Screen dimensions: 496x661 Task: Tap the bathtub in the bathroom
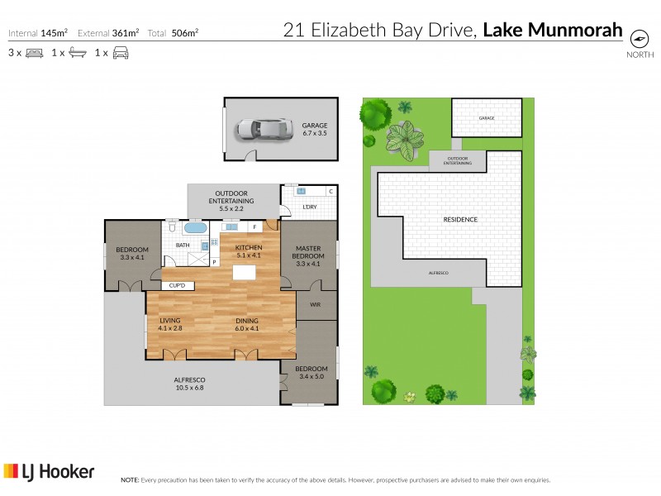196,227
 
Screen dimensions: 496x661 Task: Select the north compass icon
639,39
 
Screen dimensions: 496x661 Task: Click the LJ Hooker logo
49,472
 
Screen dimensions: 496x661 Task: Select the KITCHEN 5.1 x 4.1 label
249,252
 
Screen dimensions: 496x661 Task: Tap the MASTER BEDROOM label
309,252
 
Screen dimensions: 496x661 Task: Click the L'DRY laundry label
310,207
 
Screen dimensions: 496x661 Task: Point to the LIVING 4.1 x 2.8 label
170,325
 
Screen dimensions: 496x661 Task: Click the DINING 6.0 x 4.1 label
247,325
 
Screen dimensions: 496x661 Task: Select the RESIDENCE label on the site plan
460,220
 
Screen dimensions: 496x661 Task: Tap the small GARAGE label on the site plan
487,118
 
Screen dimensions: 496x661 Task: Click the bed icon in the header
34,53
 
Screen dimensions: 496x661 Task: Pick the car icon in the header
121,53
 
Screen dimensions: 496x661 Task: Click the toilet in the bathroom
170,226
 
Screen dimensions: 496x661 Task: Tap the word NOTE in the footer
129,479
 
